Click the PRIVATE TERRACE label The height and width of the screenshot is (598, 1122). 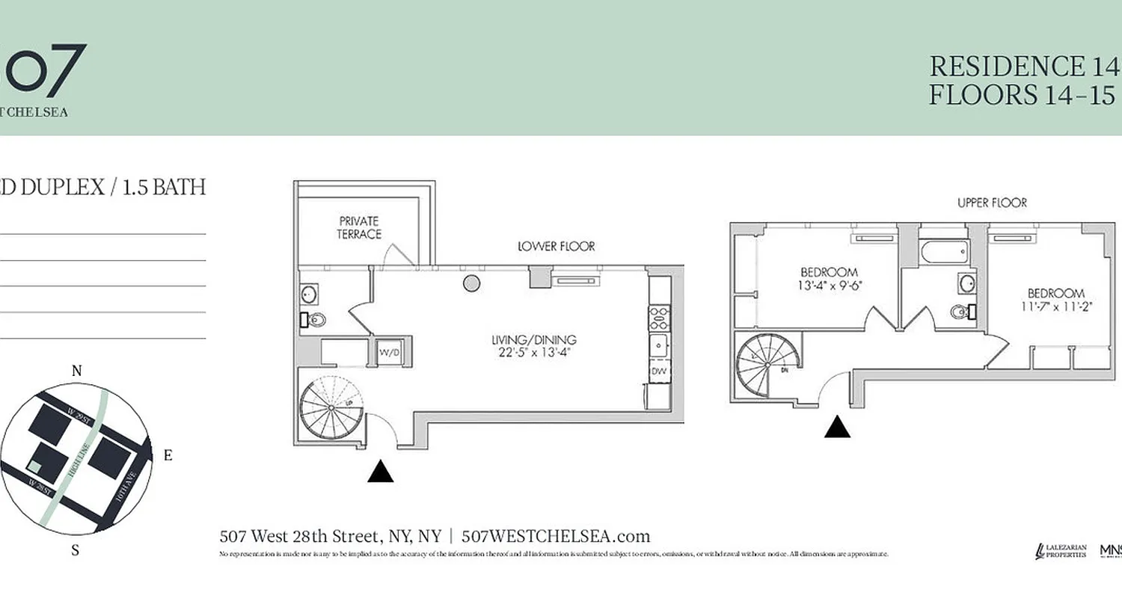coord(359,228)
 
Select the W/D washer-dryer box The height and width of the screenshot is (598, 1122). coord(388,352)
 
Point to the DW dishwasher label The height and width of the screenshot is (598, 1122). coord(659,371)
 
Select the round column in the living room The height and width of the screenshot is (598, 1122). coord(471,283)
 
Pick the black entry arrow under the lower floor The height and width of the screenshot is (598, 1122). coord(381,472)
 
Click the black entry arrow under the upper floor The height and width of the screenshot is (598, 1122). coord(838,427)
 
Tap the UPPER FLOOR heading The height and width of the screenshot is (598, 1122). coord(992,203)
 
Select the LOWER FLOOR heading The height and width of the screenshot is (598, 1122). coord(557,246)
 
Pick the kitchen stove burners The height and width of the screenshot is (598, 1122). coord(659,318)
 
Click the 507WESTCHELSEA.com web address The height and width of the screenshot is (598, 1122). coord(556,536)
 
